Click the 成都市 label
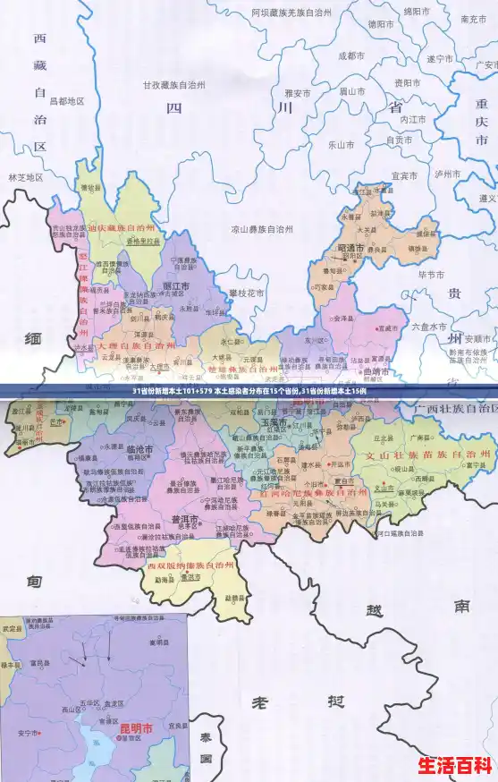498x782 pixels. pos(351,55)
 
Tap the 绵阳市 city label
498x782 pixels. pos(416,12)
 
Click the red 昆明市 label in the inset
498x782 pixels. pos(136,729)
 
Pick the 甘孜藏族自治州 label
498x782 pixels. pos(174,85)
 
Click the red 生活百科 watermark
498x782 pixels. pos(456,766)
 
